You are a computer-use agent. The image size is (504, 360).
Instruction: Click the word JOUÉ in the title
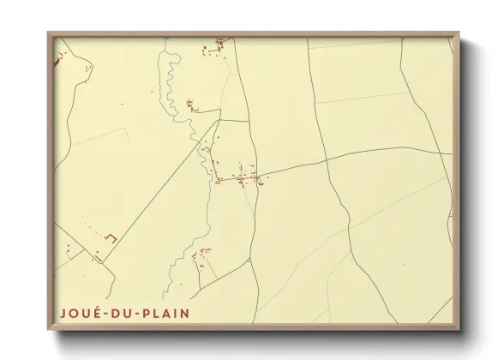pos(80,314)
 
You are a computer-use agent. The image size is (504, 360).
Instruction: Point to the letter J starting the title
pos(63,314)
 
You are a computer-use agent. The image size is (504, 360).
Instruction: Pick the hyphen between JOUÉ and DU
pos(107,315)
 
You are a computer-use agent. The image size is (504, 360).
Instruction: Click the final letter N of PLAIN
pos(185,314)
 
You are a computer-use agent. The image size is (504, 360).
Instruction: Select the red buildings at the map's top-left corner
pos(60,58)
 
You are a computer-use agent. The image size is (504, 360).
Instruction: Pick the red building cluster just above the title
pos(202,255)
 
